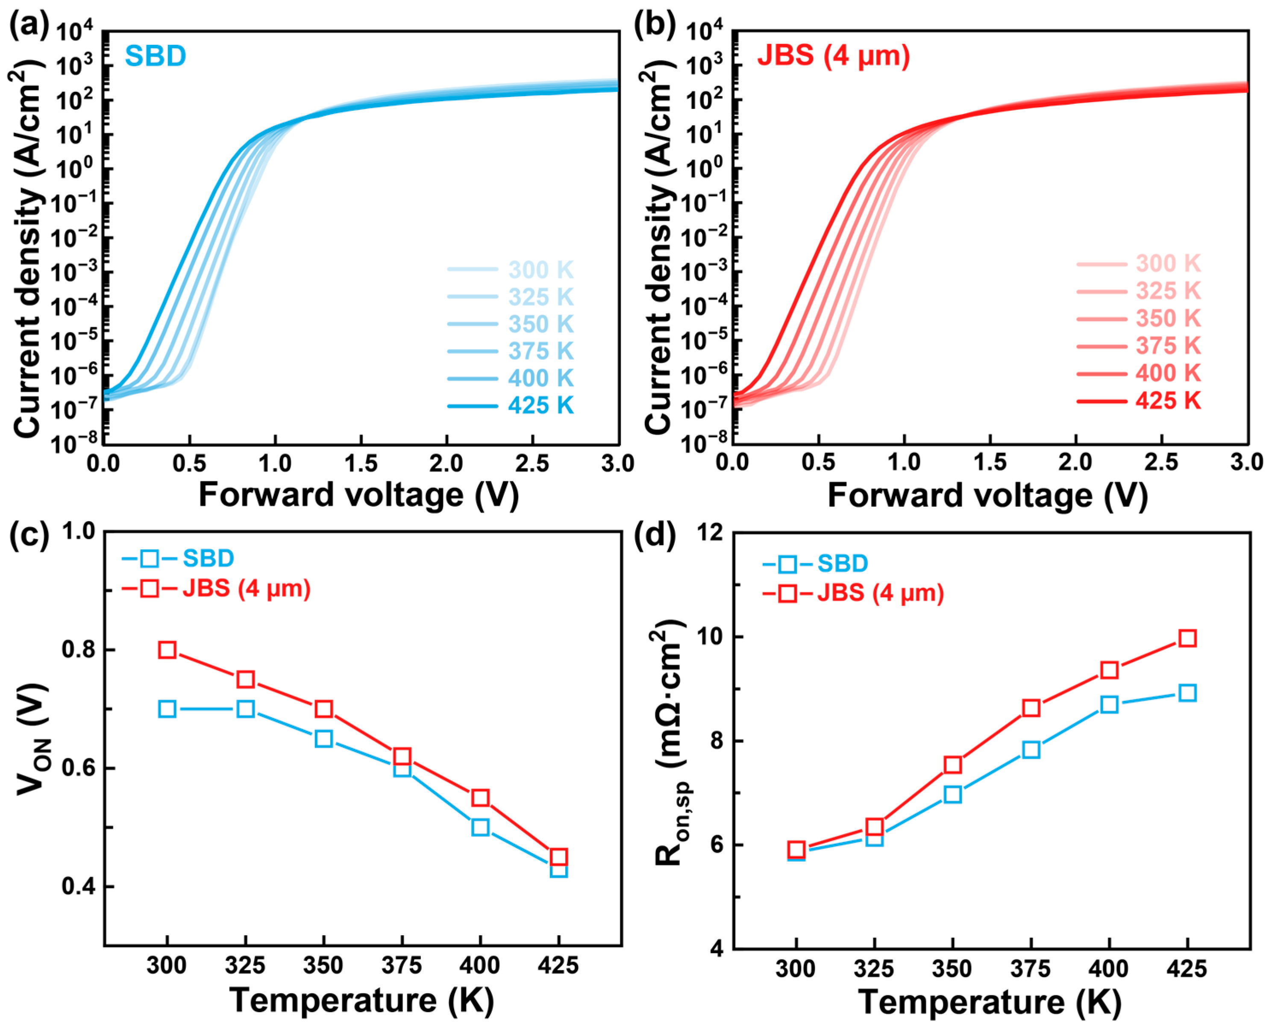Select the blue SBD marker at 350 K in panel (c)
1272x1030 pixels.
324,739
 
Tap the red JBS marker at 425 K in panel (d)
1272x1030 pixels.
1187,638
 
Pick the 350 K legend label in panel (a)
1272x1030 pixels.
541,324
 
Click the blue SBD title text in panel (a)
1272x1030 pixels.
156,56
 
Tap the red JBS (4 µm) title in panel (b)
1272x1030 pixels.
834,56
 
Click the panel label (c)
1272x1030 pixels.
29,536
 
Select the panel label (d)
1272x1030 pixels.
655,536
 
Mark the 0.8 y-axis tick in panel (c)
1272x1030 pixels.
79,650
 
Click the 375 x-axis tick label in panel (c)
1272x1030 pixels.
402,966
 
